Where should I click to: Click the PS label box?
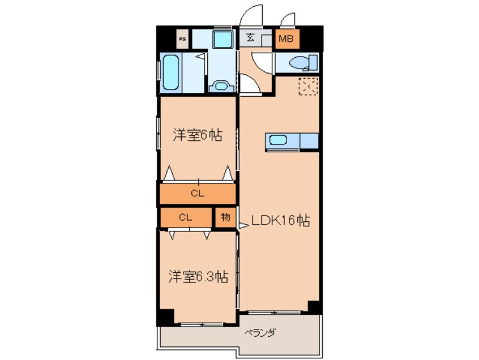(x=182, y=39)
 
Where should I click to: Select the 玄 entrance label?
(x=250, y=39)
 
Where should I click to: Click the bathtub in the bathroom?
(x=170, y=72)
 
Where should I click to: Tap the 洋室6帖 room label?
(x=197, y=135)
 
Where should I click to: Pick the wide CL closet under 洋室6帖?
(x=197, y=194)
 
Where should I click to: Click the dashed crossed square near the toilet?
(x=309, y=86)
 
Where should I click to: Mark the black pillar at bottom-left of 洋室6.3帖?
(x=165, y=318)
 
